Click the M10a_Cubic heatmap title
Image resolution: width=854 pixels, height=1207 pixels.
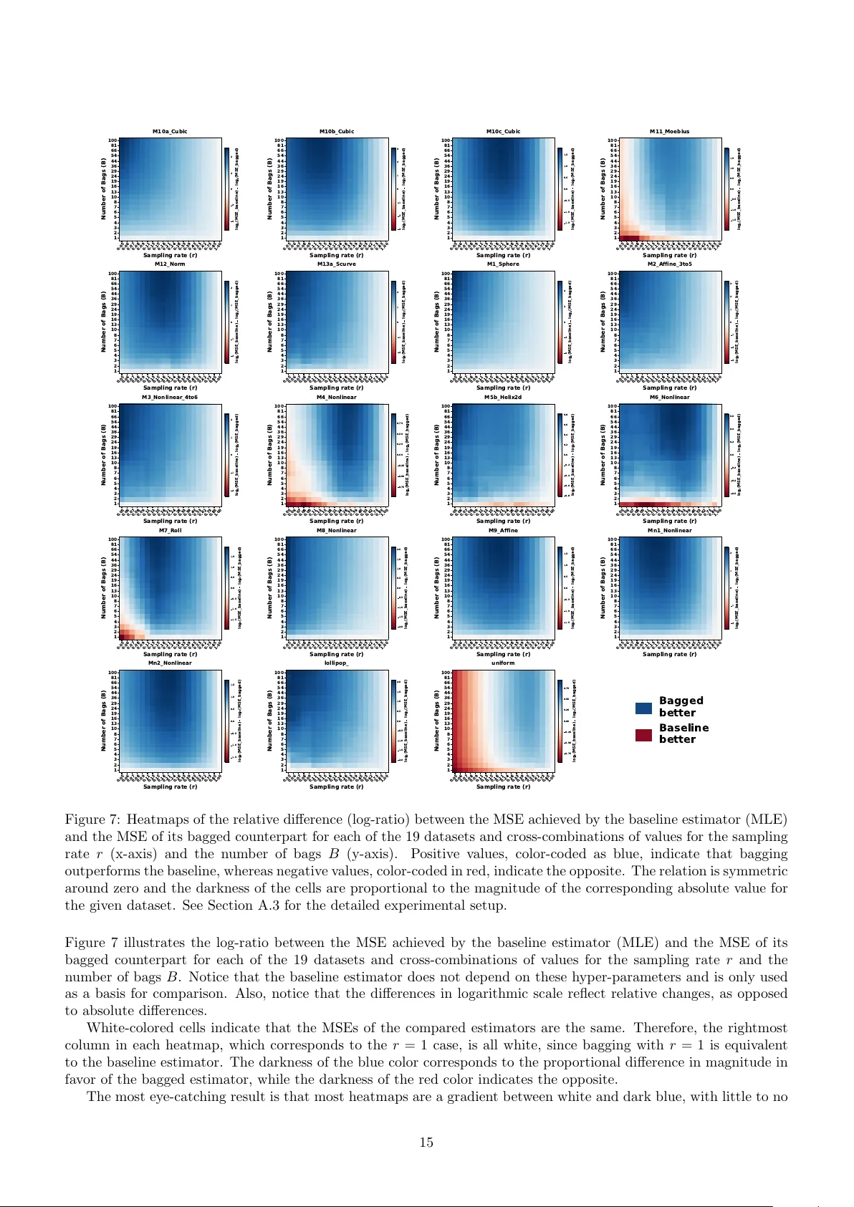click(170, 132)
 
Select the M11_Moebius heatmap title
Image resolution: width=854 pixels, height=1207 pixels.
click(669, 132)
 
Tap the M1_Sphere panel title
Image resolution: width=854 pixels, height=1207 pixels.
click(503, 264)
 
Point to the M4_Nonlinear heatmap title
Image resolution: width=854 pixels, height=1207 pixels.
click(336, 398)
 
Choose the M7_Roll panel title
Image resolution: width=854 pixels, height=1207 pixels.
click(170, 531)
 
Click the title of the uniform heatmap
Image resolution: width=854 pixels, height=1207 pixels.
click(503, 663)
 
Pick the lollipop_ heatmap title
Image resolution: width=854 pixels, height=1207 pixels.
click(336, 663)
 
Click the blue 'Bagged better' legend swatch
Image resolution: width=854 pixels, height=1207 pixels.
click(643, 708)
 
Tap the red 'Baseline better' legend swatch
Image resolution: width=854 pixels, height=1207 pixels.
click(643, 734)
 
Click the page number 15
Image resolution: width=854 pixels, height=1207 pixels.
click(426, 1143)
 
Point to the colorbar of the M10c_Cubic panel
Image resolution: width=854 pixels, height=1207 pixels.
click(560, 189)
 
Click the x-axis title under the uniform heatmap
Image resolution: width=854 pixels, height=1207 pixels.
click(503, 787)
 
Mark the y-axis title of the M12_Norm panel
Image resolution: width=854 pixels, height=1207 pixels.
click(104, 322)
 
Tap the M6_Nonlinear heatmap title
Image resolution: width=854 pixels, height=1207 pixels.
click(669, 398)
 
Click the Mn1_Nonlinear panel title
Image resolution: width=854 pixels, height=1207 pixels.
click(669, 531)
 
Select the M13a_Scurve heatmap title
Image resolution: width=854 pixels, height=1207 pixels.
click(336, 264)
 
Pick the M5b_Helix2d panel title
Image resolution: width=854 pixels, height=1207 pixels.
click(503, 398)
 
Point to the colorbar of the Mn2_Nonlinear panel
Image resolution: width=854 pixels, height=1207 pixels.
click(226, 721)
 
